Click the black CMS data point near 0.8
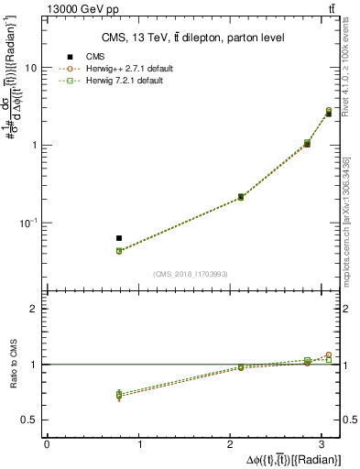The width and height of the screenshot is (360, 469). coord(119,238)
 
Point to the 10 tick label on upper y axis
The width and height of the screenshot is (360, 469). coord(31,69)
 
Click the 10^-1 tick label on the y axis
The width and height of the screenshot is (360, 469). coord(28,222)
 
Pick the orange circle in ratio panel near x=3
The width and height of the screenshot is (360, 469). coord(329,354)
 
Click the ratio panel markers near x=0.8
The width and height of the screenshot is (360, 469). coord(119,395)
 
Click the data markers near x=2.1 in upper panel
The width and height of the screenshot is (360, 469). coord(241,197)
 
